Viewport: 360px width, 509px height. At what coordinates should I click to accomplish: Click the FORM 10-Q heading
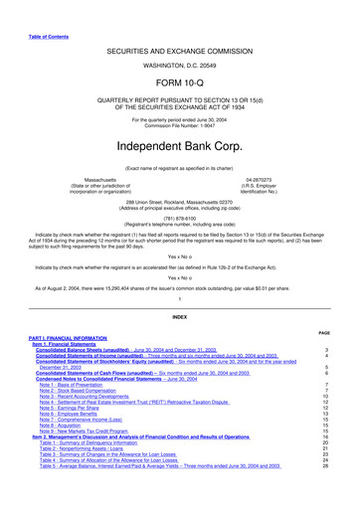[x=179, y=84]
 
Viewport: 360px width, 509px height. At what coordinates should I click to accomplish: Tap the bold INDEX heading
[x=179, y=316]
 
